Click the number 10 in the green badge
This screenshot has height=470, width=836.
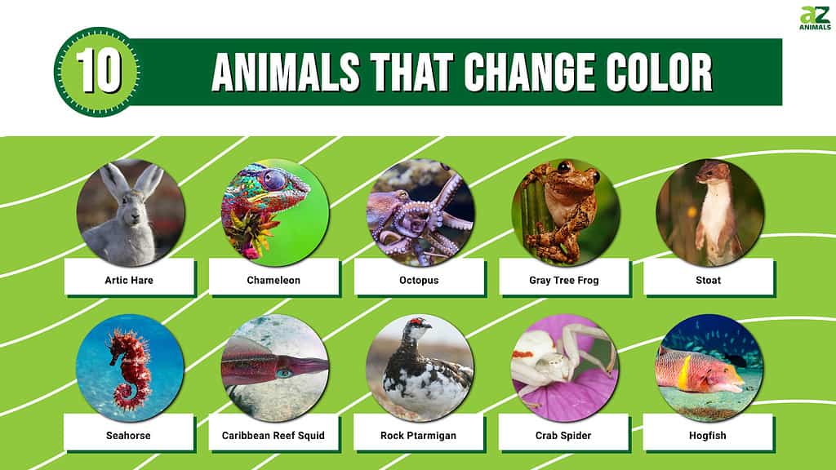(99, 72)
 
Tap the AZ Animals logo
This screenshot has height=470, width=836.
(815, 18)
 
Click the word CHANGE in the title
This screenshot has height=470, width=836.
(529, 73)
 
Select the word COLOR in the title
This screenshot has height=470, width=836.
(659, 73)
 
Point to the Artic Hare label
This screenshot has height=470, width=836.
(129, 281)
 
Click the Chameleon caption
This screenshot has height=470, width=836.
(273, 281)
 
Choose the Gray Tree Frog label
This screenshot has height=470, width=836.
(563, 281)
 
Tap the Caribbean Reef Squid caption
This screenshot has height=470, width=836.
(273, 436)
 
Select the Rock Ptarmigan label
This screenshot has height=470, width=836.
(418, 436)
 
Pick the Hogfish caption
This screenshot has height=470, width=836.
(708, 436)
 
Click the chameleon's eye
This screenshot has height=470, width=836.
(274, 180)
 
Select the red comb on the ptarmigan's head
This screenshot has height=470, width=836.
(416, 321)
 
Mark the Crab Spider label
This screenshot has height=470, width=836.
(563, 436)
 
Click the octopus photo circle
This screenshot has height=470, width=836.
(420, 212)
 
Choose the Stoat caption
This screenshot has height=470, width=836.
(708, 281)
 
